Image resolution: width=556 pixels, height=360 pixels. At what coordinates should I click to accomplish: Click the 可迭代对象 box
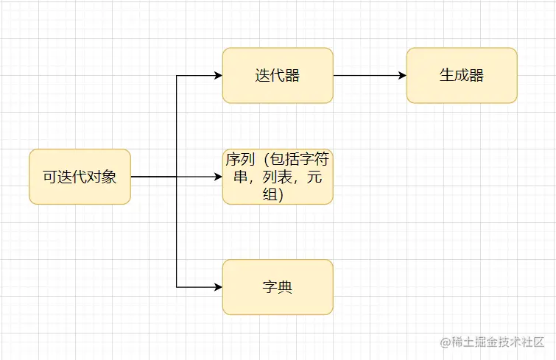point(80,177)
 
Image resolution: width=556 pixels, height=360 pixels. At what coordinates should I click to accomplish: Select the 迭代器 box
point(278,75)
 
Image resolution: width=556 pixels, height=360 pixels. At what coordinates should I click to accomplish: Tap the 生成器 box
point(462,75)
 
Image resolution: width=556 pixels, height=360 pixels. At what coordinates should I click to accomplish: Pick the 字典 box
point(278,286)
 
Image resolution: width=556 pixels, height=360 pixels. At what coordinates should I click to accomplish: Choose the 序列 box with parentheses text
point(278,177)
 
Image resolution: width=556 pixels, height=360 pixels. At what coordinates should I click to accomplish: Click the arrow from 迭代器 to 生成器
point(368,75)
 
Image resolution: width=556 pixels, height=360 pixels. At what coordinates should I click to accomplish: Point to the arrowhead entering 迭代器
point(217,75)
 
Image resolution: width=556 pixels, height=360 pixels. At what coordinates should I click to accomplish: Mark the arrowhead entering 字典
point(217,286)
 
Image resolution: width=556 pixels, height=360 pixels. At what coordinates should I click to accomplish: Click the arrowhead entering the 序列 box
point(217,177)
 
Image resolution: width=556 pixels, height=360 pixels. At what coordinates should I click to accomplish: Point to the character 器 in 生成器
point(476,75)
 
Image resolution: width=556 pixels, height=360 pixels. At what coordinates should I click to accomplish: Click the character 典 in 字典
point(285,286)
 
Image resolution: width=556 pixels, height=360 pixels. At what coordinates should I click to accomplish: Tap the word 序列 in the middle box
point(240,159)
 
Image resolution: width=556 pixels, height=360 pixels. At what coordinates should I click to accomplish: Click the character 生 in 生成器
point(447,75)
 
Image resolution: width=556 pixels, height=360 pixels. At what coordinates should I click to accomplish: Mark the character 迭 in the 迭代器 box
point(263,75)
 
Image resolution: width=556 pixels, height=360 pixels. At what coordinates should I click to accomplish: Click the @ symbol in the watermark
point(446,342)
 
